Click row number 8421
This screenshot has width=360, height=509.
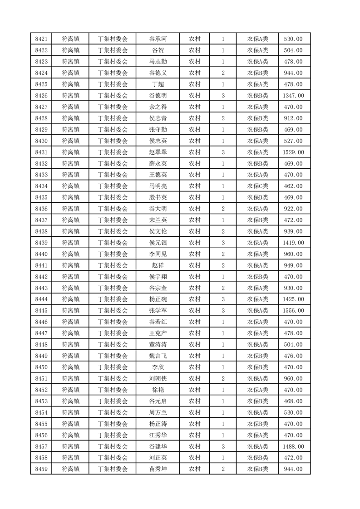(41, 39)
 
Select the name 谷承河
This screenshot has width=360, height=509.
(158, 39)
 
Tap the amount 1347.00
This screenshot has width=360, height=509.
(293, 95)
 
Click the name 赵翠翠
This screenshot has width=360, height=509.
(158, 152)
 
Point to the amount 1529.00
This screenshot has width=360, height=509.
(293, 152)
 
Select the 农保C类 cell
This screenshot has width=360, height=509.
(257, 186)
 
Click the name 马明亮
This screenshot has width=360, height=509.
(158, 186)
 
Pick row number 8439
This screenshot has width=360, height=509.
(41, 243)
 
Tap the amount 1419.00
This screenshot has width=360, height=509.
(293, 243)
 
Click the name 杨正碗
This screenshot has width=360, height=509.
(158, 299)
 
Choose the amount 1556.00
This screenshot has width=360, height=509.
(293, 311)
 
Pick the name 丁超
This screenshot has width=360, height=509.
(158, 84)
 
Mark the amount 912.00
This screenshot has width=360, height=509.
(293, 118)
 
